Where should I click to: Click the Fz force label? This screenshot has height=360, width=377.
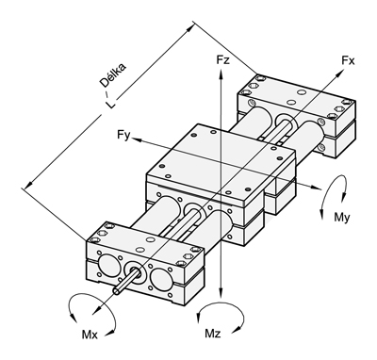223,59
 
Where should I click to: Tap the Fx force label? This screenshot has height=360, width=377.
349,60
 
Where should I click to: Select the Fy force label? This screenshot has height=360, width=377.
123,136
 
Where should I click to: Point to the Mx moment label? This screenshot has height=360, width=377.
90,335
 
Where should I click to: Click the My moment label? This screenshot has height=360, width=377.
342,218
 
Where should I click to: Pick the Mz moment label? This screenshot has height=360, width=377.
213,334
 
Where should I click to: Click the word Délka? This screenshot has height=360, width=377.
113,75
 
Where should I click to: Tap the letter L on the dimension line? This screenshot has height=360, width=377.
110,105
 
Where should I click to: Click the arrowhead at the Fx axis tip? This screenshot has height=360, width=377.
339,74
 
